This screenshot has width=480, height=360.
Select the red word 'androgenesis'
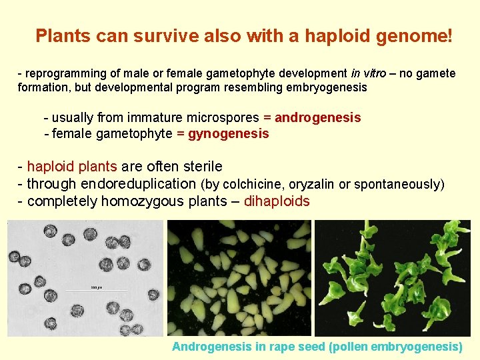click(318, 118)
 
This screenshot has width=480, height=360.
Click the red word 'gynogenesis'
click(229, 134)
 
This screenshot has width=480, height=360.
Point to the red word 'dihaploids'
click(277, 201)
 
